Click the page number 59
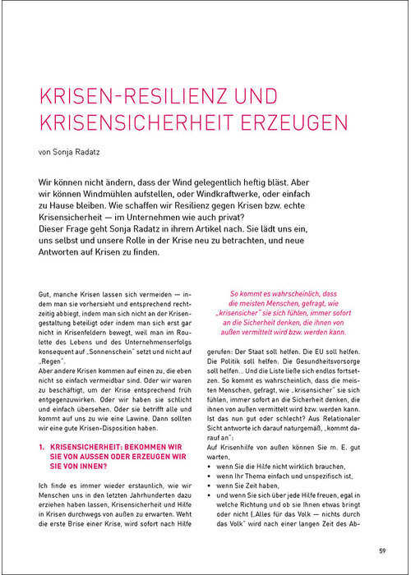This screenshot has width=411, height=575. pyautogui.click(x=382, y=550)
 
